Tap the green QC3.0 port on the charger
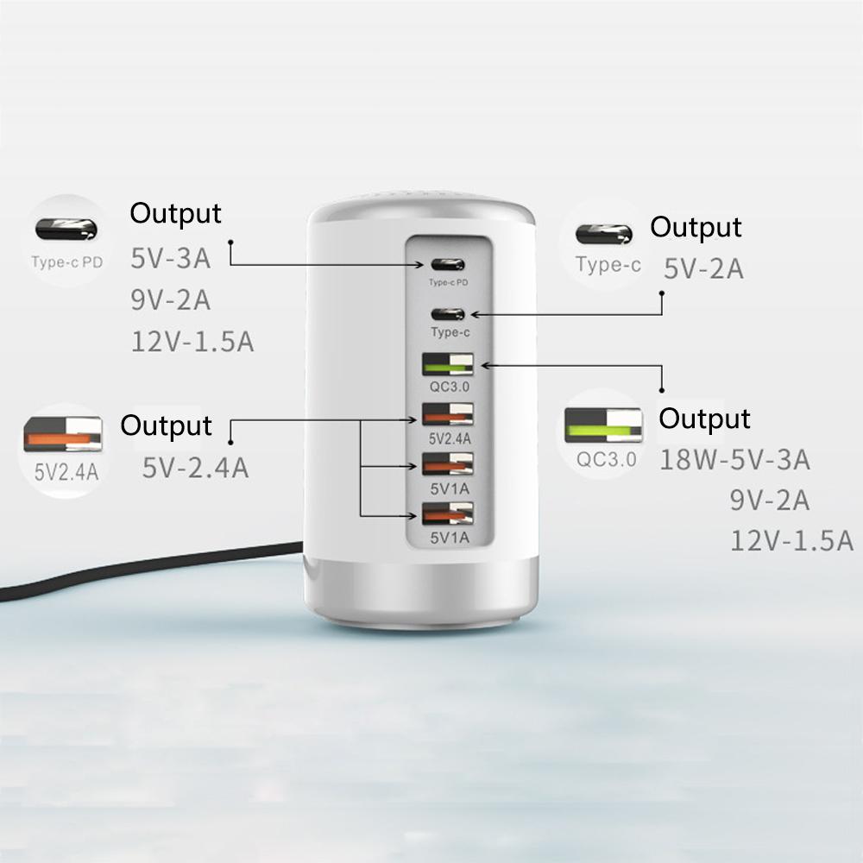pos(447,365)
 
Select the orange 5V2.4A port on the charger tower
pos(447,415)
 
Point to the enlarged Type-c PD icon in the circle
pos(66,230)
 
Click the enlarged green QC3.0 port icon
pos(603,425)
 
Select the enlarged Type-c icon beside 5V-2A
pos(604,234)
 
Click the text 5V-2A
pos(703,269)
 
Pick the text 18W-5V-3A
pos(734,460)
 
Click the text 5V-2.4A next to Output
pos(196,468)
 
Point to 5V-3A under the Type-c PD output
pos(171,257)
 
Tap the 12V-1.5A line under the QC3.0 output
pos(791,541)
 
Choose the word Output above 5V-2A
pos(696,227)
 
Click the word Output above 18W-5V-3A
pos(704,419)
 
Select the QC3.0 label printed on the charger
pos(447,386)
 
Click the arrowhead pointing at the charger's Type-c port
pos(472,315)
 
